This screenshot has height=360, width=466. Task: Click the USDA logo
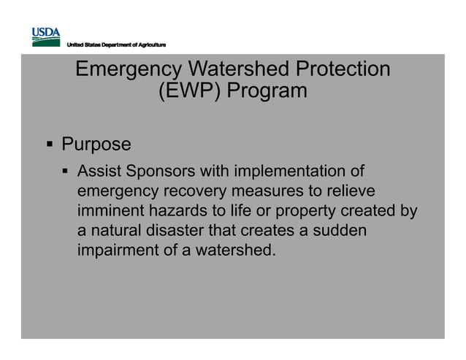point(45,37)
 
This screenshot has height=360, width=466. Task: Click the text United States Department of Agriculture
point(116,46)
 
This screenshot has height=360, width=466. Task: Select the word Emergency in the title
point(129,70)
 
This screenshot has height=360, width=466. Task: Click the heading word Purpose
point(96,144)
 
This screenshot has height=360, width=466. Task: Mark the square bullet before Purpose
point(51,145)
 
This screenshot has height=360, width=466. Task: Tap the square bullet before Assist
point(66,172)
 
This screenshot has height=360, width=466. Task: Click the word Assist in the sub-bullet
point(99,172)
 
